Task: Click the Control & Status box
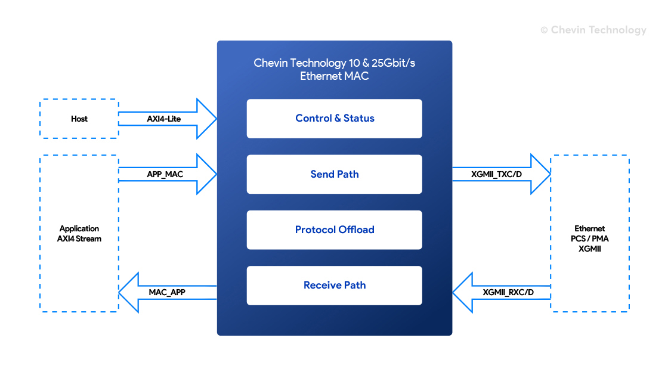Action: click(334, 119)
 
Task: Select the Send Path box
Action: click(334, 174)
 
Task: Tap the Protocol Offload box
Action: click(334, 230)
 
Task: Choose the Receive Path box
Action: click(334, 285)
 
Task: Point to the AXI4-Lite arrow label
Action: click(164, 119)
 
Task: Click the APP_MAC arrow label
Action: click(165, 175)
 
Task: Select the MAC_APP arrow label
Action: click(167, 293)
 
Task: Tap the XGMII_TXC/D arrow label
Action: click(496, 175)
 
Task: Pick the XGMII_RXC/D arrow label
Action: click(508, 293)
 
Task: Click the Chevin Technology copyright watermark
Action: click(593, 30)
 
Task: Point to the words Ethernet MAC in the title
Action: click(334, 76)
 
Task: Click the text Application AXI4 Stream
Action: click(79, 234)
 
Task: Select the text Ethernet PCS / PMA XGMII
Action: click(590, 238)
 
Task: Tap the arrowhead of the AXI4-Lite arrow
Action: click(207, 119)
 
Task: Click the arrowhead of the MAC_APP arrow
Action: click(129, 293)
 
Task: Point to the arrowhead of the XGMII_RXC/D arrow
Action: click(463, 293)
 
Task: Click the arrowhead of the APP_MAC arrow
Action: click(207, 174)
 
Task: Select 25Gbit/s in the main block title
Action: click(393, 63)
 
